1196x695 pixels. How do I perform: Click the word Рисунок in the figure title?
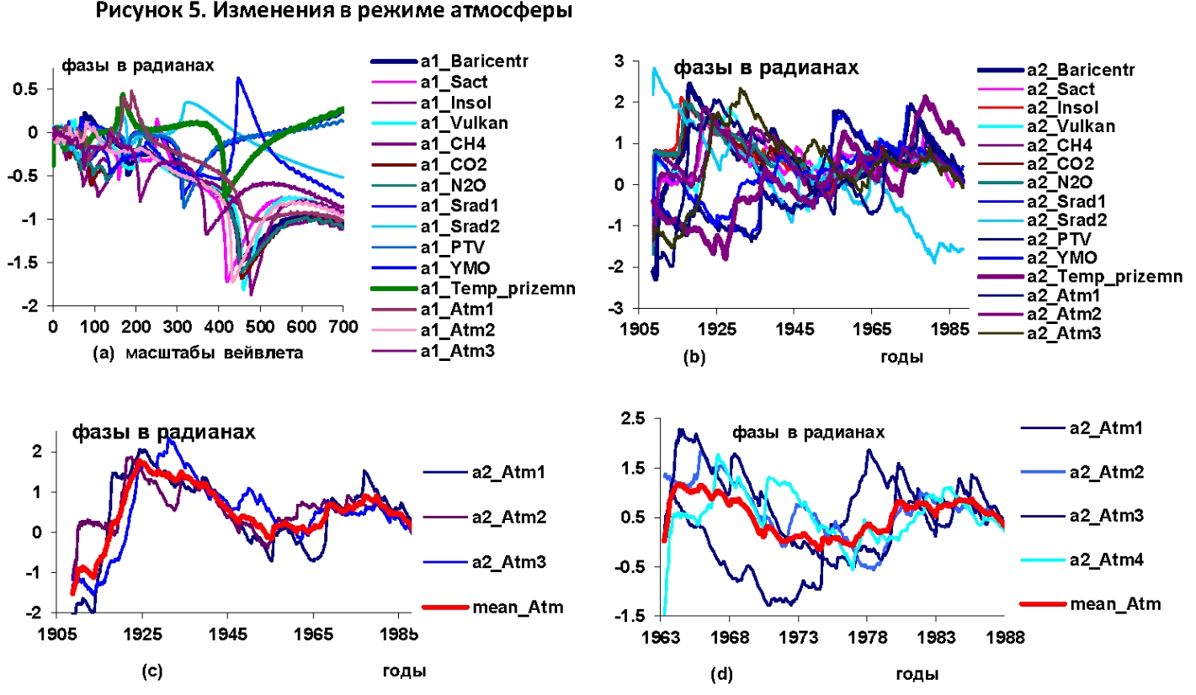pyautogui.click(x=134, y=13)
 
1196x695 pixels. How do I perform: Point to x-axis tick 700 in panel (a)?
pyautogui.click(x=342, y=325)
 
